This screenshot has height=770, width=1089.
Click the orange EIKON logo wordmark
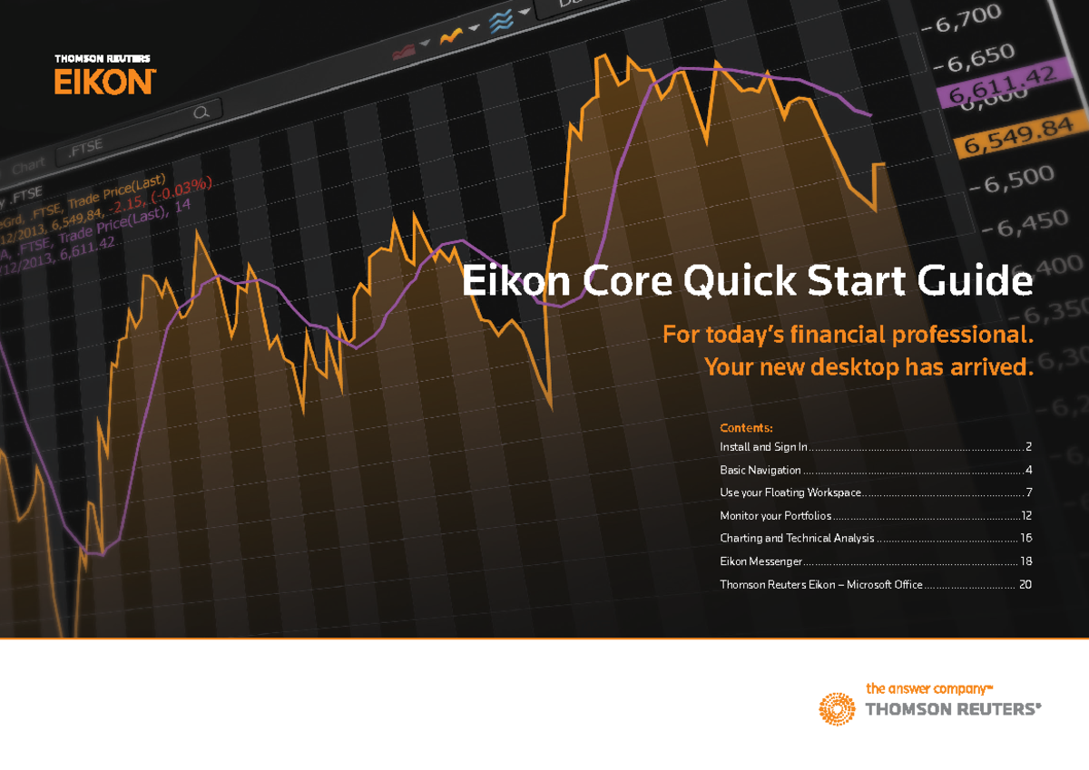pyautogui.click(x=104, y=83)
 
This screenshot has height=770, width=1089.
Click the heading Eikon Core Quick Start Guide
pyautogui.click(x=747, y=283)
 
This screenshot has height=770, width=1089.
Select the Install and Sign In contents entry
pyautogui.click(x=763, y=447)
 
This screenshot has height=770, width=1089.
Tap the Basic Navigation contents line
pyautogui.click(x=760, y=470)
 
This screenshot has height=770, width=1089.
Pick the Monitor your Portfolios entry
pyautogui.click(x=775, y=515)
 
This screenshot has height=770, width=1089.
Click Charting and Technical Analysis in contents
pyautogui.click(x=797, y=538)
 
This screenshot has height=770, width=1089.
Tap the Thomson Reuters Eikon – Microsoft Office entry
pyautogui.click(x=820, y=584)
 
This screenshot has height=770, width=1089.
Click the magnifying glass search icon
pyautogui.click(x=202, y=112)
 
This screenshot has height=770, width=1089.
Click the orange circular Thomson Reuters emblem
pyautogui.click(x=838, y=708)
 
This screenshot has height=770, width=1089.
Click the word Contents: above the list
pyautogui.click(x=746, y=427)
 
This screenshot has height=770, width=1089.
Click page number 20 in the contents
pyautogui.click(x=1025, y=584)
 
